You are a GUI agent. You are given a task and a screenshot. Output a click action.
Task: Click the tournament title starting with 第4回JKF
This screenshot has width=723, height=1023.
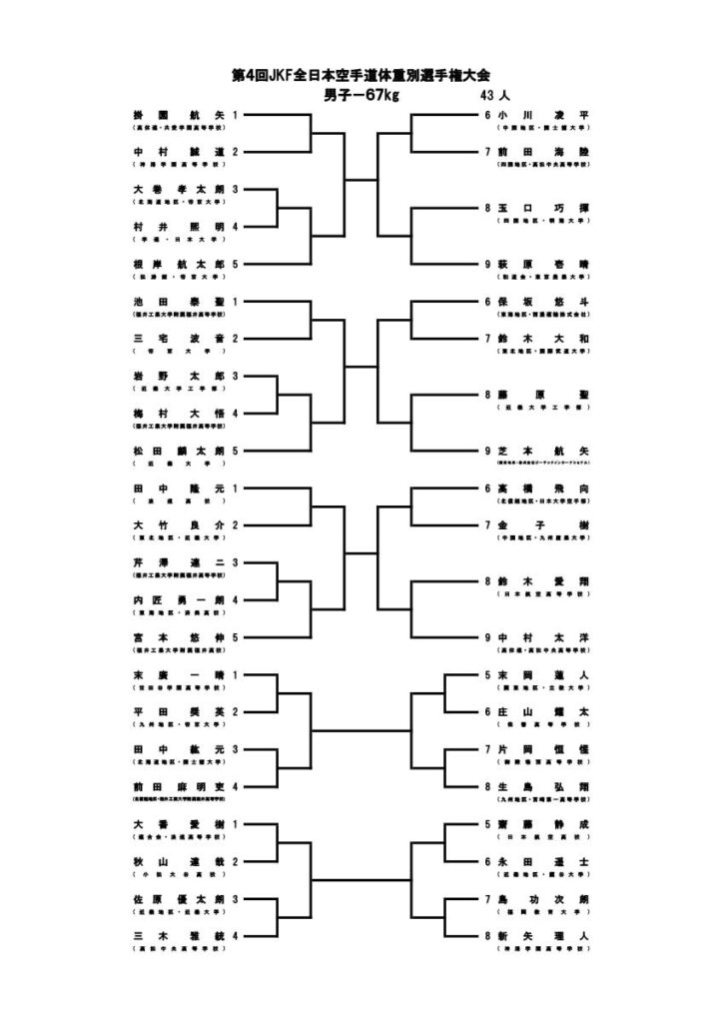361,75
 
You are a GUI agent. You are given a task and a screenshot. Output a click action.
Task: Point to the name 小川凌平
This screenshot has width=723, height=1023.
544,115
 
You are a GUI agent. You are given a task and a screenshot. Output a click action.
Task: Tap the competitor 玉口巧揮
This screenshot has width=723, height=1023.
544,208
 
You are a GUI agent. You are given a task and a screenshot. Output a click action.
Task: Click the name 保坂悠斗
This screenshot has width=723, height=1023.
544,301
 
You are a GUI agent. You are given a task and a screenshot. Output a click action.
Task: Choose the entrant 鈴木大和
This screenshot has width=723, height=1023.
544,339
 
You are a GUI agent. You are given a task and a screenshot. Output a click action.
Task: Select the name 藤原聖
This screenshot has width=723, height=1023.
544,395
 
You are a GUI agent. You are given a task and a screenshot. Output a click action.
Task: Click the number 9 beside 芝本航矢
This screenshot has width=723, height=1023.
487,451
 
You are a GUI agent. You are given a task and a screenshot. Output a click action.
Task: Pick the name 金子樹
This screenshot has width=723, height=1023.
544,524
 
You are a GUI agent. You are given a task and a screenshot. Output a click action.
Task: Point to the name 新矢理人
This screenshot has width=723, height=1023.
544,935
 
